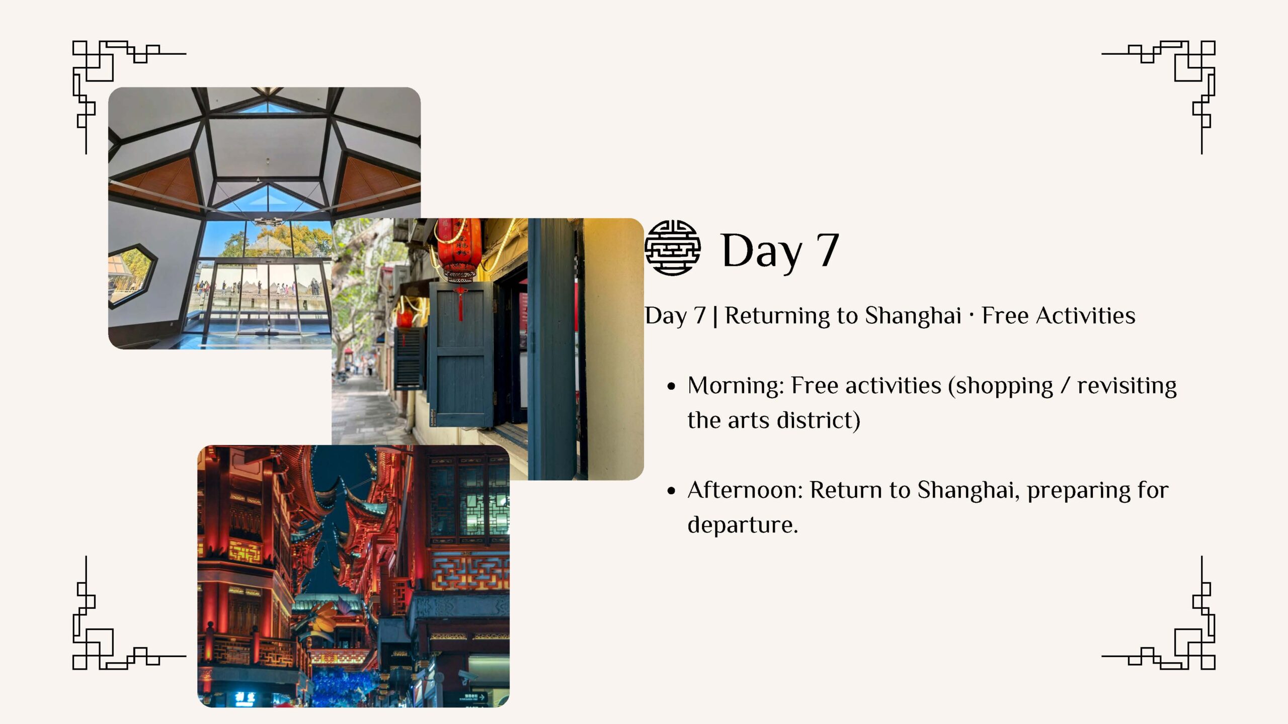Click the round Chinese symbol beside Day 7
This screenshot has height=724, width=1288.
673,248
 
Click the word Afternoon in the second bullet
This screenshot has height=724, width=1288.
745,490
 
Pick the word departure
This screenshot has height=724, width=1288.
743,525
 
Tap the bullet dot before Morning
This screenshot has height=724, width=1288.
671,387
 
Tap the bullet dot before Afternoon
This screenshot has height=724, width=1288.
671,491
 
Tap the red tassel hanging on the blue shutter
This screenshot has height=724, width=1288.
460,304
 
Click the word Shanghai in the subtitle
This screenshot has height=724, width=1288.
913,316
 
